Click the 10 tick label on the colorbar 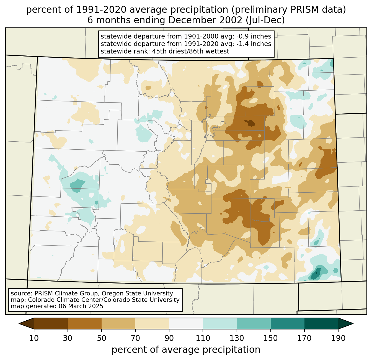pos(34,338)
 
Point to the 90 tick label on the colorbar pos(169,338)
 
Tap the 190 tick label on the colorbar pos(338,338)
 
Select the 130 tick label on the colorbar pos(237,338)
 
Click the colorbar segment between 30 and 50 pos(85,323)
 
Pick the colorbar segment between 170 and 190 pos(321,323)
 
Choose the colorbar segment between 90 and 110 pos(186,323)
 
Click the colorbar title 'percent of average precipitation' pos(186,350)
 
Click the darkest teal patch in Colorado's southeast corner pos(315,275)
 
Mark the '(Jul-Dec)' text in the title pos(267,20)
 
